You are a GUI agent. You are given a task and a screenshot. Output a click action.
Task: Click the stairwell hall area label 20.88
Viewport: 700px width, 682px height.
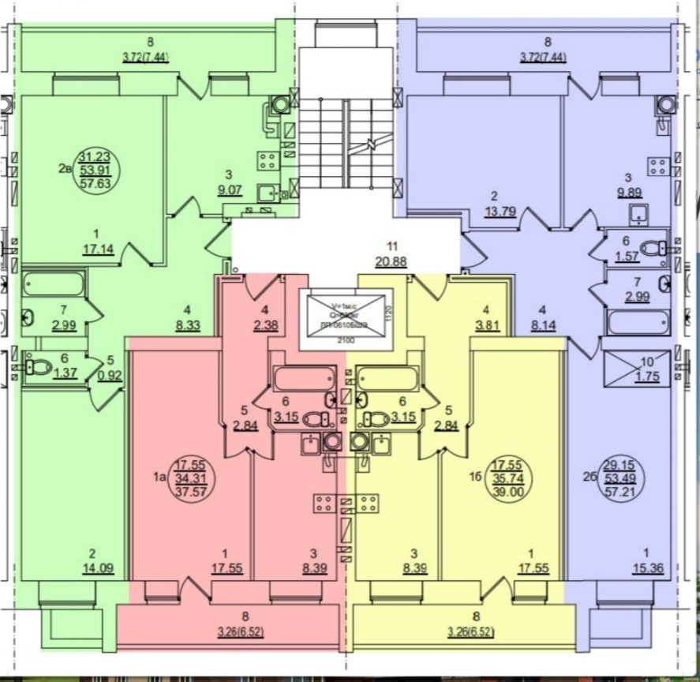(x=392, y=263)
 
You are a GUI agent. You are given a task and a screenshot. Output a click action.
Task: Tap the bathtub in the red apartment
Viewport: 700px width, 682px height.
(x=305, y=378)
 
